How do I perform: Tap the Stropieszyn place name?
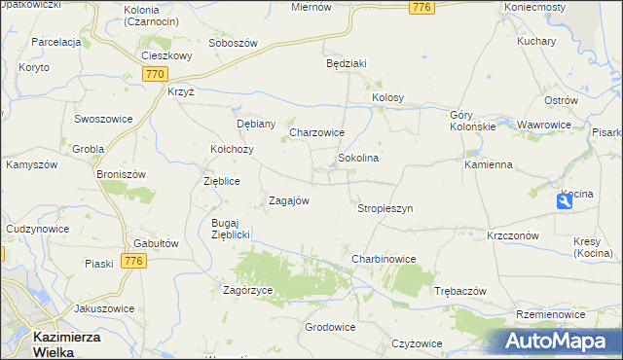coord(385,208)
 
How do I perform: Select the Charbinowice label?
coord(384,259)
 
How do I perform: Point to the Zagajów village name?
coord(288,200)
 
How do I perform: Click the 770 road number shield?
coord(154,74)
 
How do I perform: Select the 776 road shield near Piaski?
coord(133,261)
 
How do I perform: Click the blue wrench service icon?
coord(566,200)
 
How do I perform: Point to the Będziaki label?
coord(346,63)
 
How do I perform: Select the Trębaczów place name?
coord(459,291)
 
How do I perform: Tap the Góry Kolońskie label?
coord(473,121)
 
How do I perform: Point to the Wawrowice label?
coord(544,126)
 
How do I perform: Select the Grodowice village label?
coord(329,327)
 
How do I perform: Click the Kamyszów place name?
coord(32,164)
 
